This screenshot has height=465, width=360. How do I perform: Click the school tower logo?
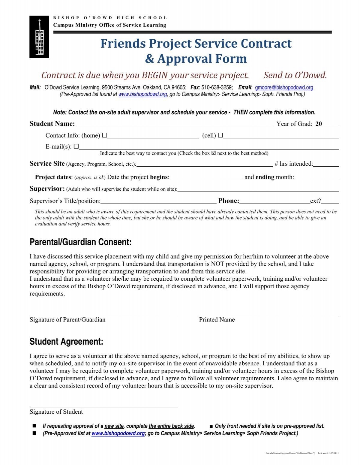tap(39, 37)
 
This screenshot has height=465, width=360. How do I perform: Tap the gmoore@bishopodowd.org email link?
tap(284, 87)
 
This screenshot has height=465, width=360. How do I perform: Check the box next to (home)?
tap(104, 135)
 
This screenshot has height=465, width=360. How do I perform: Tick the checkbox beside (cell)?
tap(220, 135)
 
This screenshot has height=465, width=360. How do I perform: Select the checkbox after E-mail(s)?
tap(76, 146)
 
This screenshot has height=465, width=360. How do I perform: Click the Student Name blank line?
tap(174, 124)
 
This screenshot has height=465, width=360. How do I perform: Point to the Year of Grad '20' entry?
tap(319, 124)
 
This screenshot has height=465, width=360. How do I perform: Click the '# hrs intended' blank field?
tap(326, 164)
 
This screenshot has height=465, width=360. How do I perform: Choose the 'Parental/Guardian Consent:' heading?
tap(80, 242)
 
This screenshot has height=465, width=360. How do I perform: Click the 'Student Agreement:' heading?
tap(66, 342)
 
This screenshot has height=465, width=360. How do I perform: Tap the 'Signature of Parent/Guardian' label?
tap(67, 319)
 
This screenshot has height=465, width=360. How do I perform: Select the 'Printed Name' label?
tap(217, 319)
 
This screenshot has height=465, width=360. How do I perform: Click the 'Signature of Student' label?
tap(56, 412)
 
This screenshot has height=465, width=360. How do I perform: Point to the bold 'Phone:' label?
tap(229, 201)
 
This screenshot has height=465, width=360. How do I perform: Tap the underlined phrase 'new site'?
tap(114, 426)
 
